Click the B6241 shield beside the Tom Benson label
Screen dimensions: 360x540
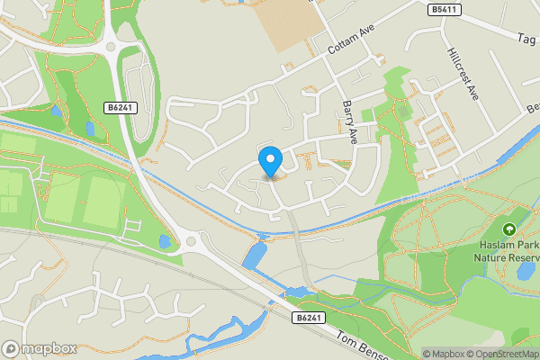308,317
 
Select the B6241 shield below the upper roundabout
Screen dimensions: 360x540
120,107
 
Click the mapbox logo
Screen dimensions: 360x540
38,347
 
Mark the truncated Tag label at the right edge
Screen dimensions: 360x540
526,40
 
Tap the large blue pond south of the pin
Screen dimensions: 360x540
256,256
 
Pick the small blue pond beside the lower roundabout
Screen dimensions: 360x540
165,241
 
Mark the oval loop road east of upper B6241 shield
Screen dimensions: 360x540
137,85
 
